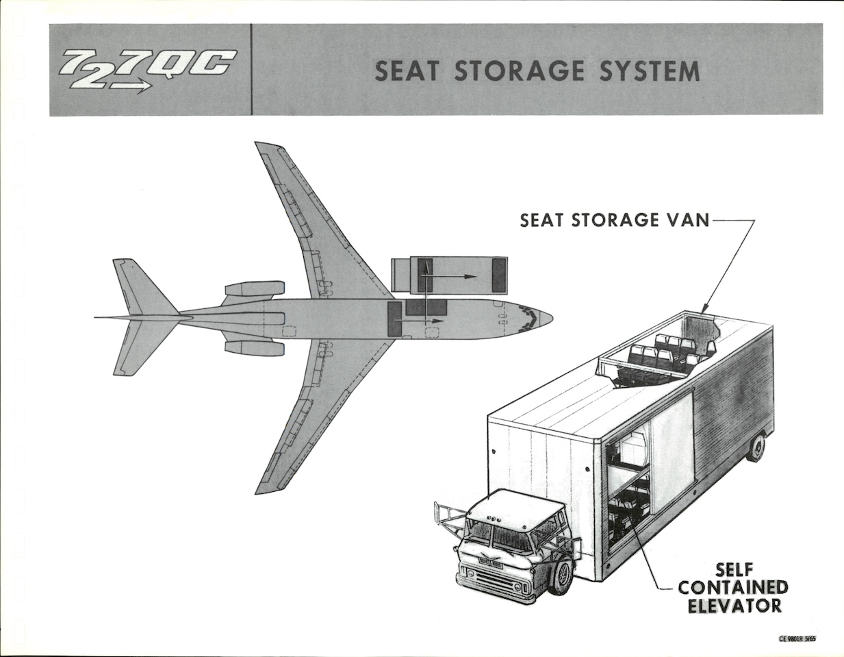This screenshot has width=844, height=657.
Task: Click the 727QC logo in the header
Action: (x=146, y=69)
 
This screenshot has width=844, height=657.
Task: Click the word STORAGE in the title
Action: (x=520, y=71)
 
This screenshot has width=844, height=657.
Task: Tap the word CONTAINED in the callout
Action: (x=733, y=587)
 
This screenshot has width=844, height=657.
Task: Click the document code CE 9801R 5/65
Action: (x=797, y=639)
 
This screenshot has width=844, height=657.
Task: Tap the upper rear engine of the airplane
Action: (x=254, y=289)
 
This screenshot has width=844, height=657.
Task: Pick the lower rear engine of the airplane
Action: (x=254, y=347)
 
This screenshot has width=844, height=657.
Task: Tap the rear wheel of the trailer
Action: (x=756, y=449)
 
